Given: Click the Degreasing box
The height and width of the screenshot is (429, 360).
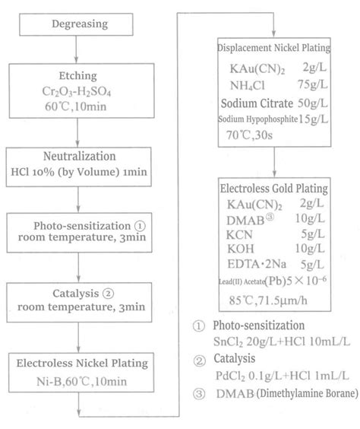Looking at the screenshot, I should (78, 24).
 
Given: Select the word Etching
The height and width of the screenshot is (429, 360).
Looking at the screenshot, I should (79, 76).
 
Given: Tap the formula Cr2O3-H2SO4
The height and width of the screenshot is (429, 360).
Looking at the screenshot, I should (79, 89).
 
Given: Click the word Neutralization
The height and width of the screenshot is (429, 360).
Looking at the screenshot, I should (79, 151).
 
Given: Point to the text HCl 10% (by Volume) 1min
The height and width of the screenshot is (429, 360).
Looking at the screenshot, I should (79, 169).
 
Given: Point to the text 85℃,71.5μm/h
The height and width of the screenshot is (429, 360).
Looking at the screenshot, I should (269, 300).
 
